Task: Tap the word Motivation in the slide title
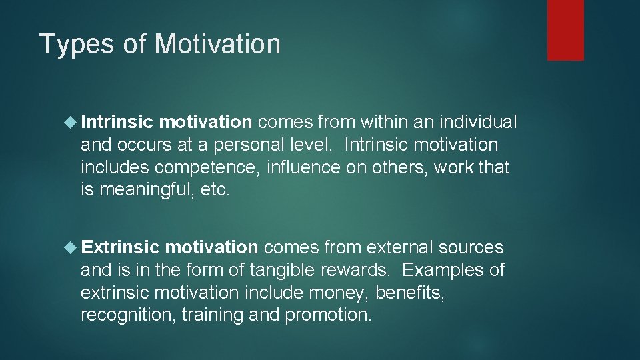(217, 45)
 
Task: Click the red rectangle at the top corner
(565, 30)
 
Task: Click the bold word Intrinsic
(117, 122)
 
